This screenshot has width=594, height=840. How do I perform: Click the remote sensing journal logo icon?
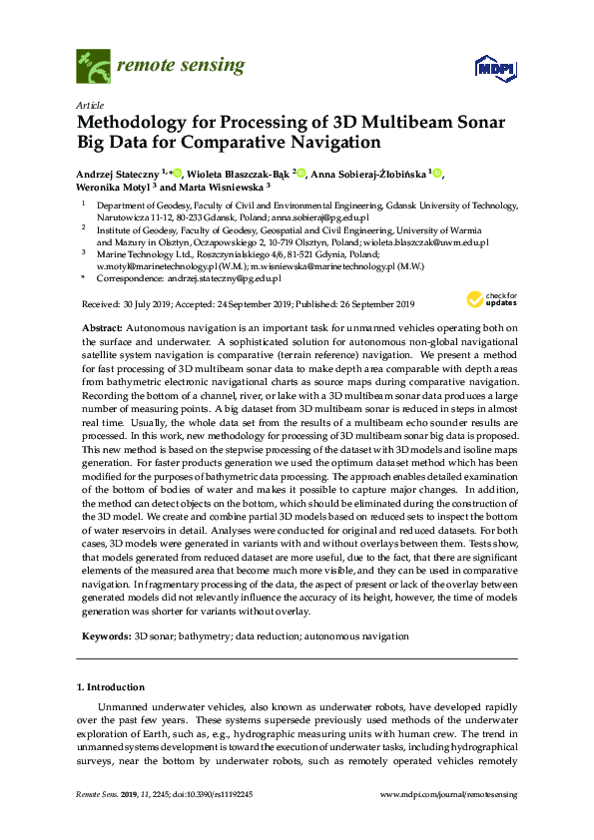[x=93, y=65]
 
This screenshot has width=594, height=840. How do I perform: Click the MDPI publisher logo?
[x=488, y=68]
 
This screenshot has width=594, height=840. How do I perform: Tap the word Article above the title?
[x=89, y=105]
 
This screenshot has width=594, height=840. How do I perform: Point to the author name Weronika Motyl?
[x=115, y=187]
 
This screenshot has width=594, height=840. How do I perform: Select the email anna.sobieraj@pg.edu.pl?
[x=324, y=216]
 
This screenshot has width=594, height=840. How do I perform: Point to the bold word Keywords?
[x=103, y=635]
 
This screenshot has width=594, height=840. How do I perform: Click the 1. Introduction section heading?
[x=111, y=687]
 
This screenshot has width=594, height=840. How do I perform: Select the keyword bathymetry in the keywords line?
[x=206, y=635]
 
